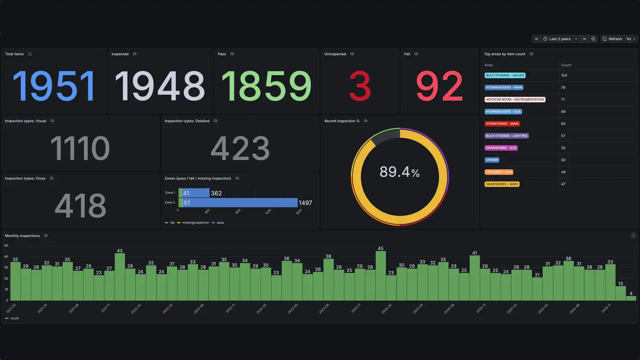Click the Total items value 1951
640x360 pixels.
[x=54, y=86]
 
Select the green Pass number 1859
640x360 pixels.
[x=266, y=86]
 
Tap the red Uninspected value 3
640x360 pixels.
[x=360, y=86]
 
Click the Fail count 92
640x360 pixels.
[x=439, y=86]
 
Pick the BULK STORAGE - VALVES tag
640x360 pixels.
[x=505, y=75]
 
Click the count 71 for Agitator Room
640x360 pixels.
[x=563, y=100]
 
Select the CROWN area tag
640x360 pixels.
[x=492, y=160]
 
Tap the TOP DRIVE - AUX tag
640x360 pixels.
[x=498, y=172]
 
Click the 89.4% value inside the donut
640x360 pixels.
[x=399, y=172]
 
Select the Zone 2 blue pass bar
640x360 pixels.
[x=240, y=203]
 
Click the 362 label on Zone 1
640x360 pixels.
[x=216, y=193]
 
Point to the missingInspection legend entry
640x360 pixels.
[x=195, y=223]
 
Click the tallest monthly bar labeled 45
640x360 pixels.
[x=380, y=276]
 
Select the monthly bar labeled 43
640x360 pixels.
[x=120, y=277]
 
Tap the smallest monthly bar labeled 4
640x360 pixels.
[x=631, y=298]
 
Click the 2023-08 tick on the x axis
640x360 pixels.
[x=324, y=308]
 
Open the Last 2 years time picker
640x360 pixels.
[x=560, y=39]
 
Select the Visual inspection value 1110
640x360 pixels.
[x=80, y=148]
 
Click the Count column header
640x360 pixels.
[x=566, y=65]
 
